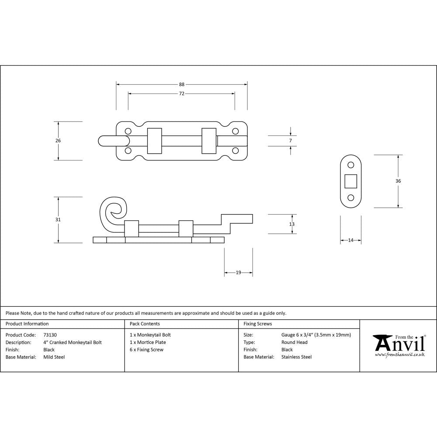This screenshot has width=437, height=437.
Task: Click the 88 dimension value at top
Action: coord(182,84)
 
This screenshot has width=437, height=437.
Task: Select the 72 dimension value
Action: coord(182,94)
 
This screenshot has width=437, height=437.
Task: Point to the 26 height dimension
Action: coord(59,141)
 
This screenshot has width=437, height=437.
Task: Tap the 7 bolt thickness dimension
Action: coord(291,141)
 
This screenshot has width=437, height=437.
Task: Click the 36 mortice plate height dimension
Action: coord(398,180)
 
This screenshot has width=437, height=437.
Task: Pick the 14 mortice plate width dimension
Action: coord(350,240)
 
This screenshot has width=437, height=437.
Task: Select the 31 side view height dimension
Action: coord(59,219)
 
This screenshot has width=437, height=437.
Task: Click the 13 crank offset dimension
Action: coord(292,224)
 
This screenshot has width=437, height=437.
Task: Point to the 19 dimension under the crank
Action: coord(238,273)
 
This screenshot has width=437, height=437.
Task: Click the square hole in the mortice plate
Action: coord(350,180)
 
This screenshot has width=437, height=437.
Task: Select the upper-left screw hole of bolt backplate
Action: coord(128,131)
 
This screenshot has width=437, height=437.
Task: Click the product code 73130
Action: coord(50,335)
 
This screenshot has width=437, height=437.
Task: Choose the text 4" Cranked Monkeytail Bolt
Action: coord(73,342)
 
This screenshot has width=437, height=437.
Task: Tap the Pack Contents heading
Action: coord(145,324)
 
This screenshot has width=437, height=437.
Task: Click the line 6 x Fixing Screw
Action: coord(146,350)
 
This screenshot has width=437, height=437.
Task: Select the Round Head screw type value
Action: coord(294,342)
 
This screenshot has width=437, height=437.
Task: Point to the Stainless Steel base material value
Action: coord(296,357)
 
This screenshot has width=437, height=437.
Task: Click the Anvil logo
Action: coord(398,346)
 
